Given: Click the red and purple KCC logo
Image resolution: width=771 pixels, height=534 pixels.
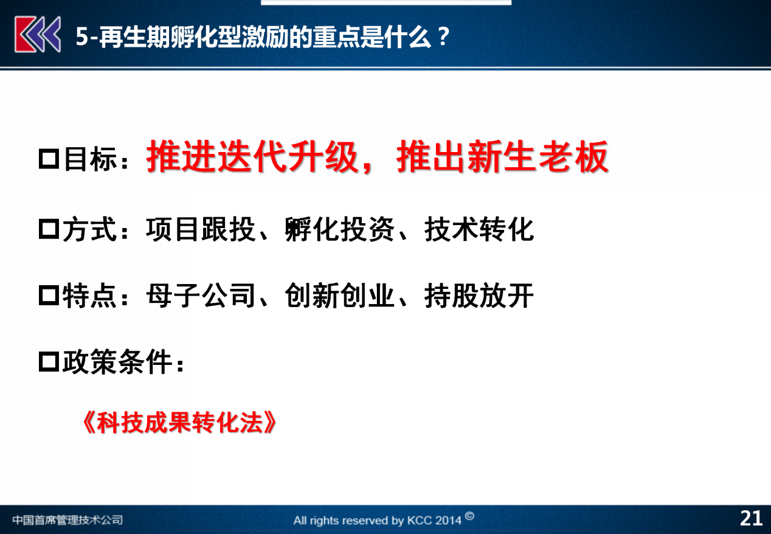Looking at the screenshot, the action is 38,35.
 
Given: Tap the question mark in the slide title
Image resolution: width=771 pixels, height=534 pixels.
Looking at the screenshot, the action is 444,36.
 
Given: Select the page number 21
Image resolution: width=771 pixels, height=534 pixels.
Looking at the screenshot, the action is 751,519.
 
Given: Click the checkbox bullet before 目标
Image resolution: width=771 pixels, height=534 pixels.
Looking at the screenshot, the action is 49,159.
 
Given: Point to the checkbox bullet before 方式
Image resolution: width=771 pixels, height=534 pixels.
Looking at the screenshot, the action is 49,229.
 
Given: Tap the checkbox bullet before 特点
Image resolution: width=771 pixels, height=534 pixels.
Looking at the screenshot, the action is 49,296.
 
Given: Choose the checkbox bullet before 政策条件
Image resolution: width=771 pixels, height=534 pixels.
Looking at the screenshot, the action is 49,361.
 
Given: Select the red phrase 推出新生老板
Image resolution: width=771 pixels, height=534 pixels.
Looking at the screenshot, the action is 502,157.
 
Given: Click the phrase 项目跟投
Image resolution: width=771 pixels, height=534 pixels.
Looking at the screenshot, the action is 200,229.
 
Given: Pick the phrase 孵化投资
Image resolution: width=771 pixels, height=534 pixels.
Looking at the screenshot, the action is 339,229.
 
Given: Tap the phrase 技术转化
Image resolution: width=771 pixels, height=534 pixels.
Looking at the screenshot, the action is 479,229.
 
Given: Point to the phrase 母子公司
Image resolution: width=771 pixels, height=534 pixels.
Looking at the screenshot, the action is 200,296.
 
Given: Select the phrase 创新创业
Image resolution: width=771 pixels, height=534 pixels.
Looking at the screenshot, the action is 339,296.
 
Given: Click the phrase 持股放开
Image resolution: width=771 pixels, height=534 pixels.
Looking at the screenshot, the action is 479,296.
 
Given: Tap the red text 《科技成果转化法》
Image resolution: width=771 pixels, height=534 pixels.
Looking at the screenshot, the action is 179,423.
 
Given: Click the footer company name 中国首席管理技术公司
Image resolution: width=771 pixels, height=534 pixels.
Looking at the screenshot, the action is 67,519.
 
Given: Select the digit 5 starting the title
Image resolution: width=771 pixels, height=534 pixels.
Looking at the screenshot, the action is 82,36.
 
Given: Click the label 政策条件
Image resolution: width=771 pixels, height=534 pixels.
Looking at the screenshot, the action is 117,361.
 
